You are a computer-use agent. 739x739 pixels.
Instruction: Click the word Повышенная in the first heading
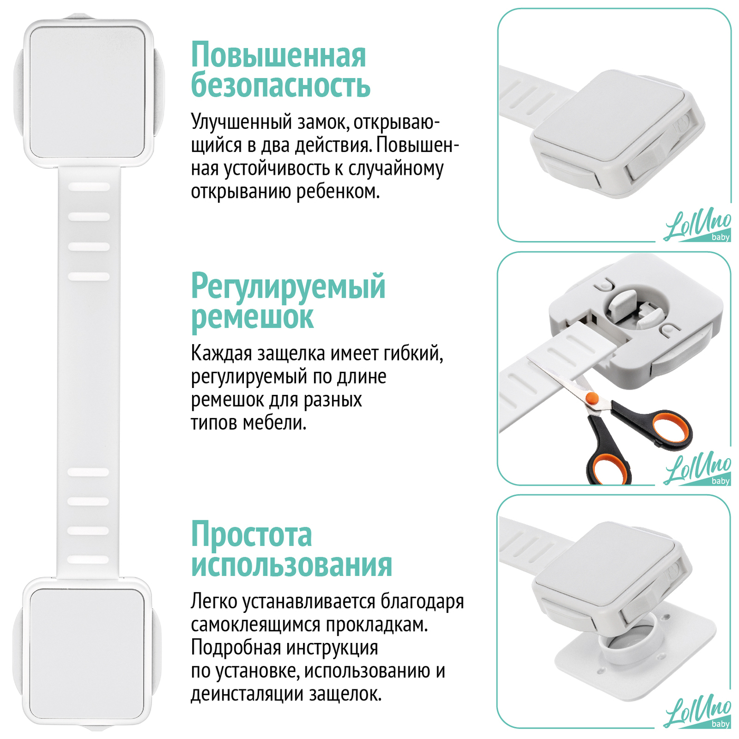(x=278, y=55)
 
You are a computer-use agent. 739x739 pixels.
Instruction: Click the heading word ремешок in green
(x=252, y=318)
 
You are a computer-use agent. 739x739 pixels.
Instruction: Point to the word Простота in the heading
(x=252, y=535)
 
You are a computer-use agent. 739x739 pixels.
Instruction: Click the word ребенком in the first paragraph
(x=338, y=191)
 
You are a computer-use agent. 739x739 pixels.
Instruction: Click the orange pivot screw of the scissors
(x=592, y=397)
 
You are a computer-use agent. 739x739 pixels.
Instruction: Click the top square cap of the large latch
(x=88, y=92)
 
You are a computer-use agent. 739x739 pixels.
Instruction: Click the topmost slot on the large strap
(x=89, y=187)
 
